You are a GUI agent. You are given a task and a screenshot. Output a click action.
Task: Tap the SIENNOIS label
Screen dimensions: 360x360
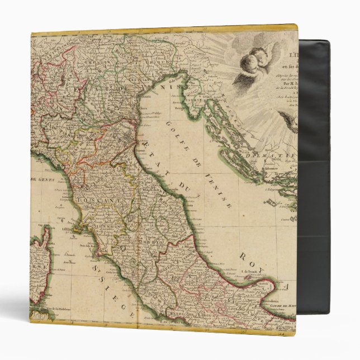[110, 226]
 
